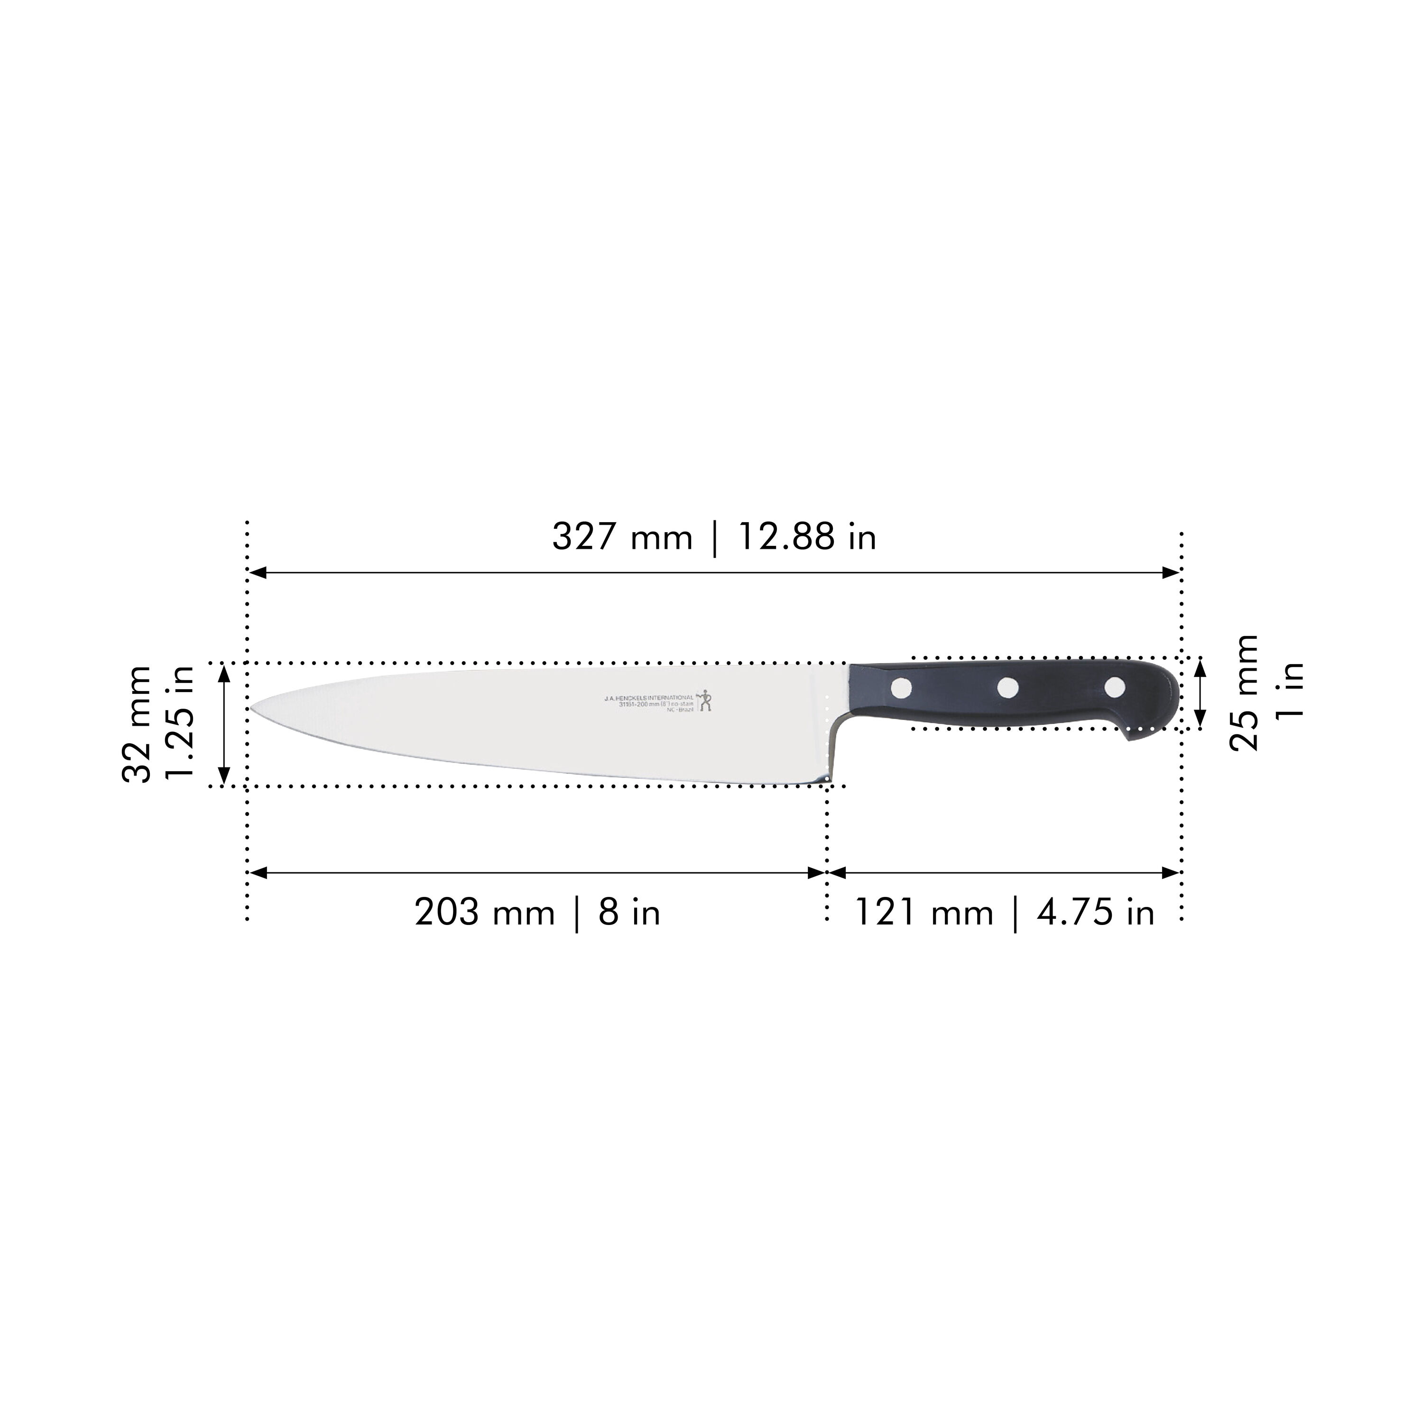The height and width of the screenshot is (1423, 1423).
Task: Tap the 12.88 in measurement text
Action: pos(806,537)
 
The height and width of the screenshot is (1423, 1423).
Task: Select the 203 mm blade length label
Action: pos(484,913)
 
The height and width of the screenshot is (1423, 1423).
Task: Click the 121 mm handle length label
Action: pos(924,913)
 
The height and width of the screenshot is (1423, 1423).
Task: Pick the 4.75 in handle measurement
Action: pos(1095,913)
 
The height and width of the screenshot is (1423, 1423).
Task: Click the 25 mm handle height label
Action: pos(1245,693)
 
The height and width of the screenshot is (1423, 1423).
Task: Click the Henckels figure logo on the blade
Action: pos(706,699)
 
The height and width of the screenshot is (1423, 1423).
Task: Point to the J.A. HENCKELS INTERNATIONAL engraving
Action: pos(648,696)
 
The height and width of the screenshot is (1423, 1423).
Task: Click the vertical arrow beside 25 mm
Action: pos(1200,693)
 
